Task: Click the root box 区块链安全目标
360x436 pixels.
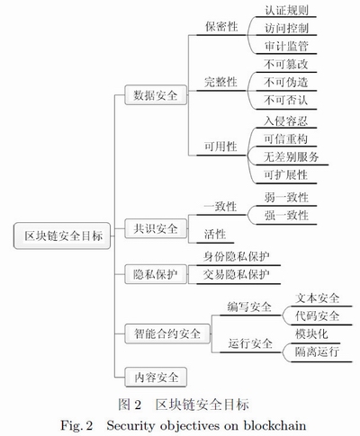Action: pos(62,236)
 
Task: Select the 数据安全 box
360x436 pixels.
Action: pos(156,95)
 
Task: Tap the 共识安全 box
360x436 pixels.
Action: pos(156,228)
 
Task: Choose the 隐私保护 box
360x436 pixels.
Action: pos(156,274)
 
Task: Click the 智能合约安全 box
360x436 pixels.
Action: pos(167,334)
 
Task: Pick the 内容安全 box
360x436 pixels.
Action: pos(156,377)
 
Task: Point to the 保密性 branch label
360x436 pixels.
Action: pos(221,26)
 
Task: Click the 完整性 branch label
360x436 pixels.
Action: pos(220,82)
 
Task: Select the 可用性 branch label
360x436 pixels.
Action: pos(220,147)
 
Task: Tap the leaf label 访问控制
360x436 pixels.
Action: pos(286,28)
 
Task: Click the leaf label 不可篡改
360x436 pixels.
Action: pos(286,64)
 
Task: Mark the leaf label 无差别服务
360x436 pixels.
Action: pos(291,156)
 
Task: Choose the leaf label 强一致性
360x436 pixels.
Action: pos(286,216)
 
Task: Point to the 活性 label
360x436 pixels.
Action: pos(215,234)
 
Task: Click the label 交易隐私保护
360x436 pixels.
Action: pos(237,274)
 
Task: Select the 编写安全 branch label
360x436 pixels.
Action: pos(249,307)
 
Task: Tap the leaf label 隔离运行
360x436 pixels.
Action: pos(317,351)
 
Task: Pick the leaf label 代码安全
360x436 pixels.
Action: pos(317,316)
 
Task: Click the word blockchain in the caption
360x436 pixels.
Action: pos(274,425)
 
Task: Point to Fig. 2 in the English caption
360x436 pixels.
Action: pos(76,425)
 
